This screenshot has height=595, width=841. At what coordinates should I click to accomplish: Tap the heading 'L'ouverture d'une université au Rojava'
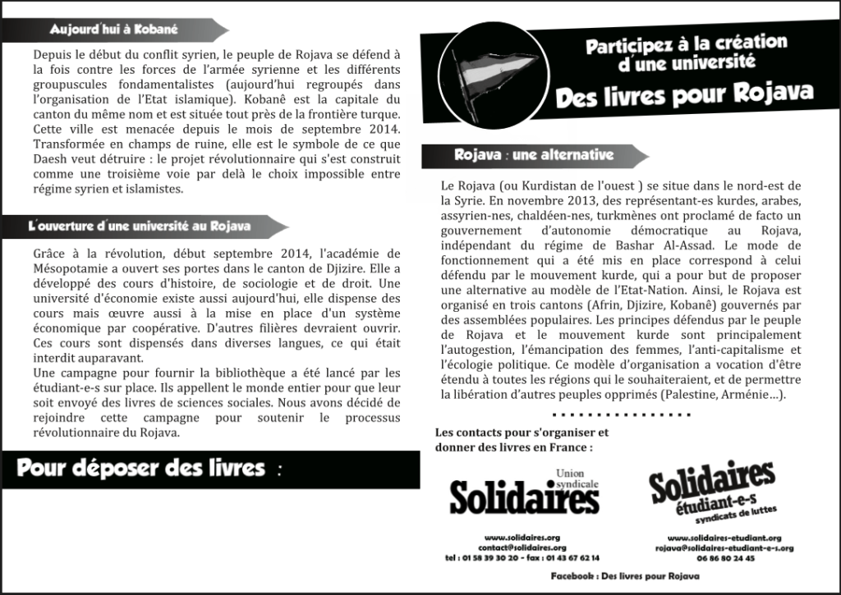[x=139, y=225]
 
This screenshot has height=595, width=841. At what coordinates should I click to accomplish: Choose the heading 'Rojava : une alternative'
[x=533, y=154]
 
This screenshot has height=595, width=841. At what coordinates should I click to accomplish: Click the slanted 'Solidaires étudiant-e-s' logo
[x=711, y=493]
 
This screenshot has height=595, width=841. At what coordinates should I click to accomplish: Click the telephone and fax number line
[x=522, y=557]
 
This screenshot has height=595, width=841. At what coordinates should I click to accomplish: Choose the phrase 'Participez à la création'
[x=687, y=43]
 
